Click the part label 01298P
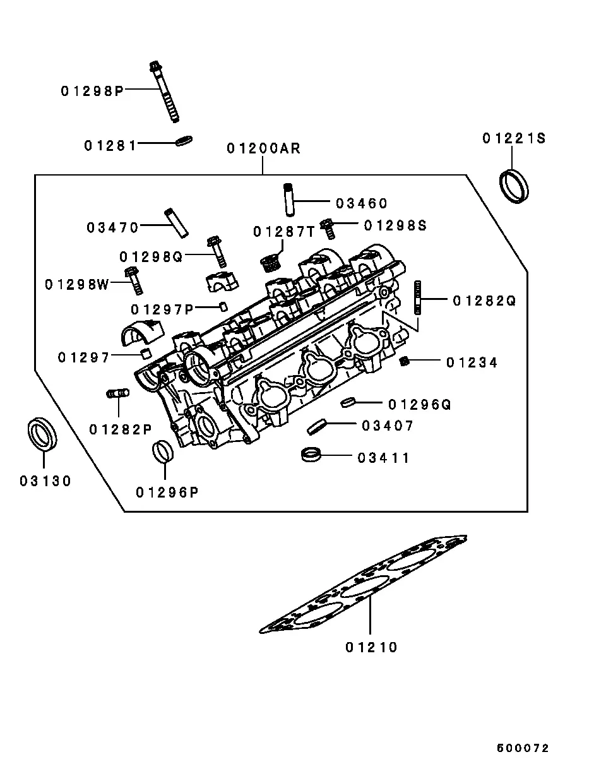coord(92,92)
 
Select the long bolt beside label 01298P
coord(164,92)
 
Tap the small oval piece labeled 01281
coord(184,141)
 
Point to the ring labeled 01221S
coord(514,186)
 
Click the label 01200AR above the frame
coord(263,148)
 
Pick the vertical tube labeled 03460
coord(289,200)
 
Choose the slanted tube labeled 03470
coord(177,223)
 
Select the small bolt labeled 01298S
coord(328,229)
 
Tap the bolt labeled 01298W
coord(134,280)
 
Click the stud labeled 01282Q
coord(418,297)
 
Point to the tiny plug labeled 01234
coord(404,361)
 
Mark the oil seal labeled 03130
coord(42,434)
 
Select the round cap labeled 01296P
coord(163,451)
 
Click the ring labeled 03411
coord(311,455)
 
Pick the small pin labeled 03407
coord(317,427)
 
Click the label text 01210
coord(371,648)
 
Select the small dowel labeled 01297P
coord(223,306)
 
